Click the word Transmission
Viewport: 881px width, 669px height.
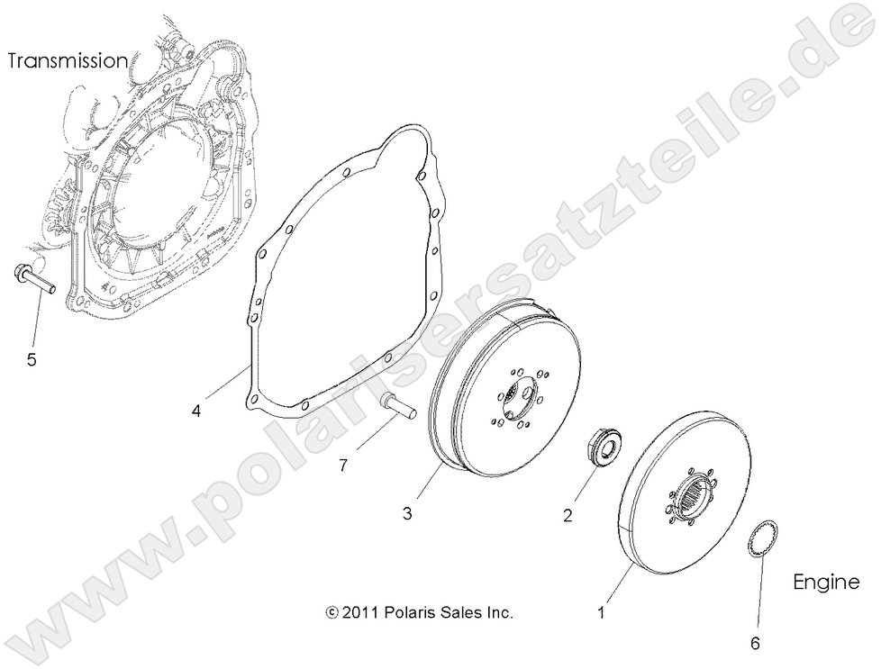pos(68,61)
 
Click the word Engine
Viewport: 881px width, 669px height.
pos(825,582)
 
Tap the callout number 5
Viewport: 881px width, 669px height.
pos(32,360)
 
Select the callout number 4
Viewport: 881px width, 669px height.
pos(195,411)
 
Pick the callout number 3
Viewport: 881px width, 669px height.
pos(407,513)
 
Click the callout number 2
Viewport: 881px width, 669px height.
pos(568,516)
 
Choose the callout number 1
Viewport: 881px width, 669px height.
pos(602,611)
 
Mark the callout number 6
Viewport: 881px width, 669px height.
pos(755,643)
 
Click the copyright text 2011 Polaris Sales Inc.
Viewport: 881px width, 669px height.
pos(420,612)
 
